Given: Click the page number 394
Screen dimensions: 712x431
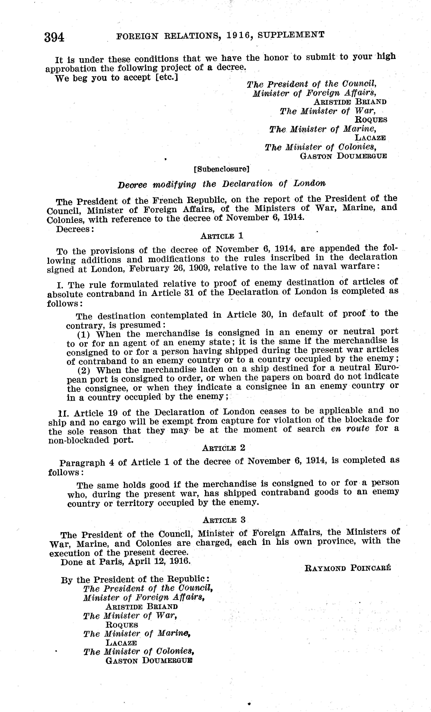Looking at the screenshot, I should click(x=54, y=38).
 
